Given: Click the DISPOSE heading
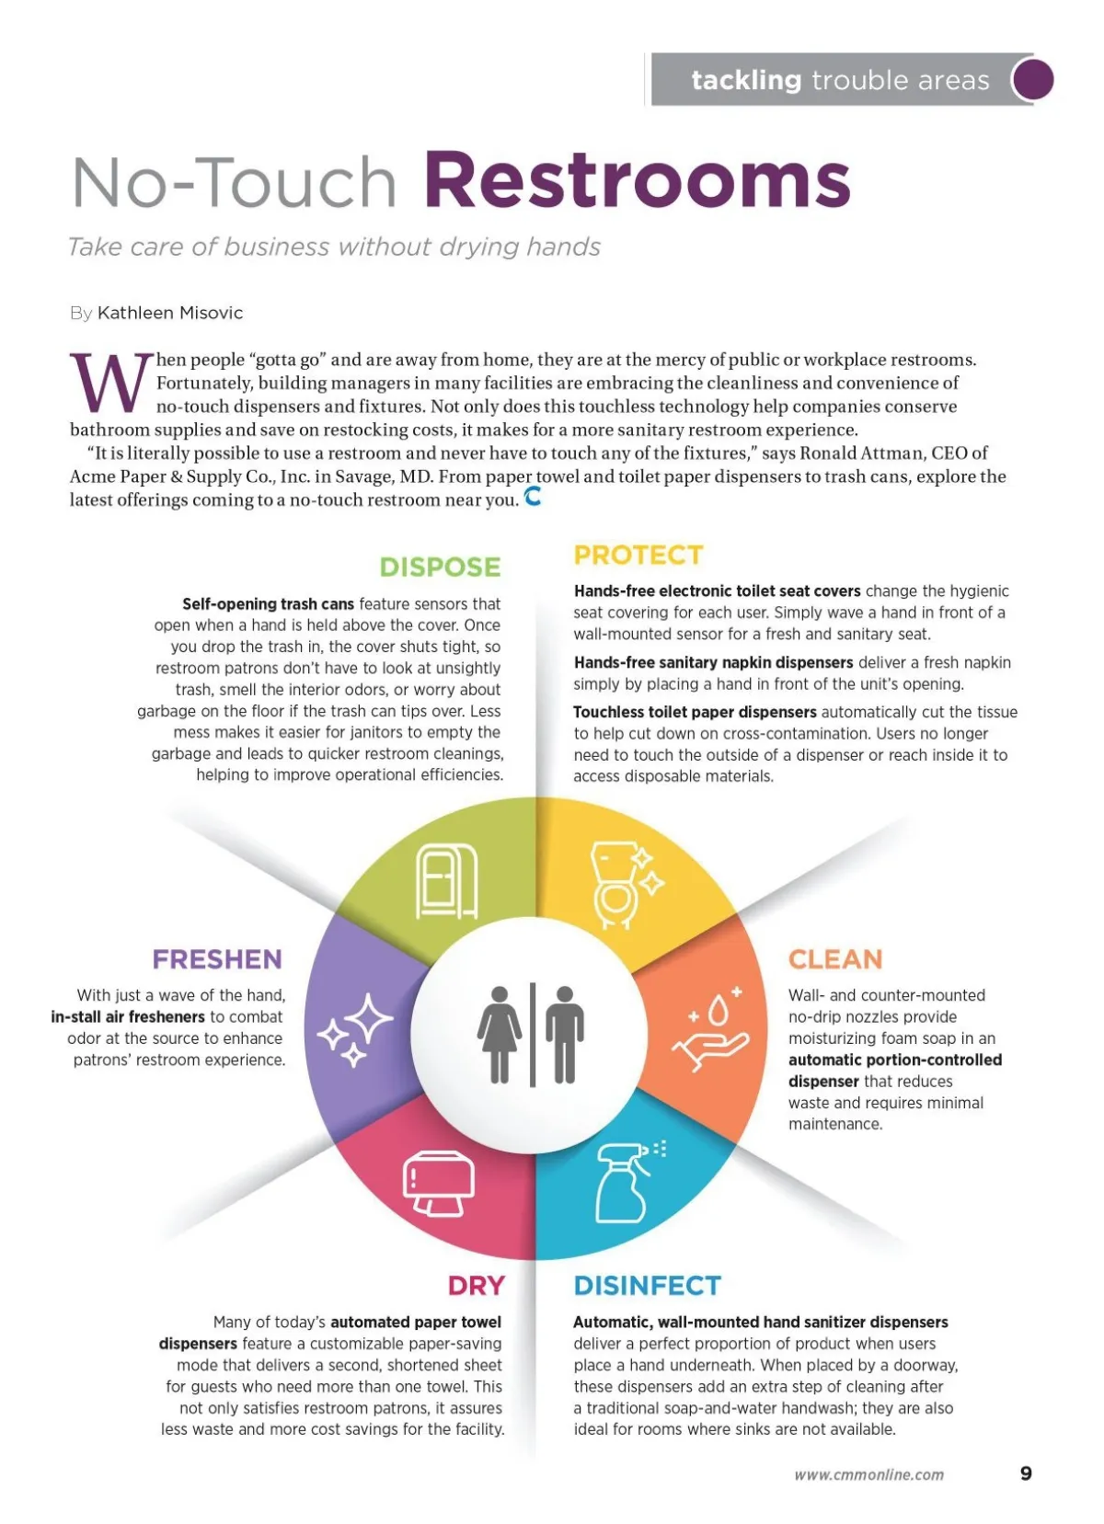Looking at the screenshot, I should tap(440, 567).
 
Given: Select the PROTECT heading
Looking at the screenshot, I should tap(638, 556).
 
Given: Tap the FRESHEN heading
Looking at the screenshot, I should tap(217, 959).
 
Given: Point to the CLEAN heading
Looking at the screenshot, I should tap(834, 959).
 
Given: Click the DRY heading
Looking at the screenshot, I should tap(476, 1285).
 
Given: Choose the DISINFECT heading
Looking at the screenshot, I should tap(647, 1285).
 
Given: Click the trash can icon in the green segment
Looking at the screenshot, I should tap(447, 881).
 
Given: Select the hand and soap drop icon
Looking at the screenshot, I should tap(710, 1028).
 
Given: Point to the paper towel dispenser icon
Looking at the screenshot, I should tap(439, 1182).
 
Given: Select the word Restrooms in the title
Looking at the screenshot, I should tap(637, 180).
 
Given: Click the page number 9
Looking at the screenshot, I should tap(1026, 1473).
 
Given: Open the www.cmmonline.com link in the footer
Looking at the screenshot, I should tap(868, 1474).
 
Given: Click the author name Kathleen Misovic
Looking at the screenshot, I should tap(170, 313).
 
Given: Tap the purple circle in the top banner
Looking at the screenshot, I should tap(1032, 79).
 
